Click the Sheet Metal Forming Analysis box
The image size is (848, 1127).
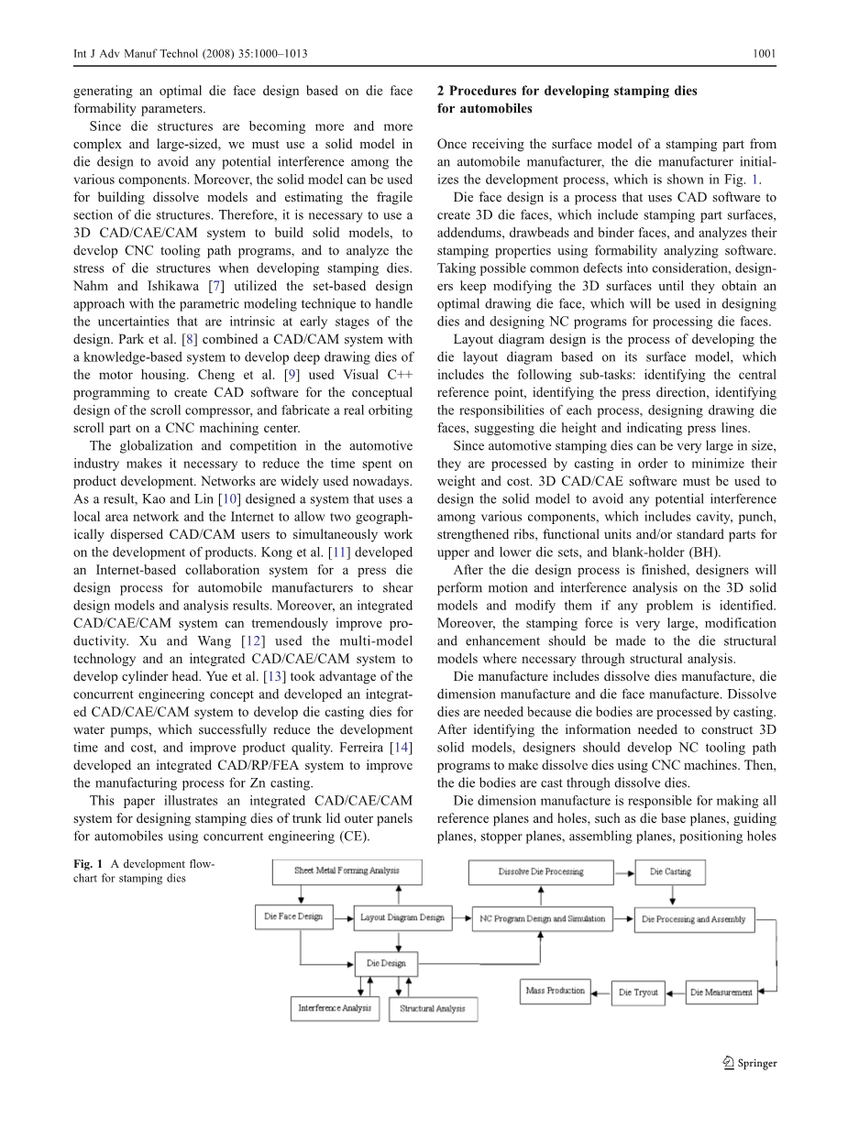[347, 870]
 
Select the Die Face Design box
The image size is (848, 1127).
[293, 916]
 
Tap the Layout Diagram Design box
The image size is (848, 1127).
[402, 917]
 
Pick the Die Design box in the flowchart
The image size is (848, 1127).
[386, 964]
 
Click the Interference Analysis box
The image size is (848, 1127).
[335, 1008]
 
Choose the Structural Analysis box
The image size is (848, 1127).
[433, 1009]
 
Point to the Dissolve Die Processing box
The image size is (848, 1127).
[541, 871]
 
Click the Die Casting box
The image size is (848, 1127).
[670, 871]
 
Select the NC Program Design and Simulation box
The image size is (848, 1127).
[541, 919]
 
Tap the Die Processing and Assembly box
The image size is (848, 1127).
[694, 919]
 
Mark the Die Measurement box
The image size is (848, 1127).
[721, 992]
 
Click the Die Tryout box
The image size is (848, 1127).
[638, 992]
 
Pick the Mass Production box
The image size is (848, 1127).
[555, 990]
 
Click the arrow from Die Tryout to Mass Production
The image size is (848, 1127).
[600, 991]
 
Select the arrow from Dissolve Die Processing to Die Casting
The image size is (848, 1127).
[623, 871]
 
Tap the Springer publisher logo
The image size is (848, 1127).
[750, 1063]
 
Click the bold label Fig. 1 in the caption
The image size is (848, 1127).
[87, 863]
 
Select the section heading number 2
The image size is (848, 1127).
[441, 91]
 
